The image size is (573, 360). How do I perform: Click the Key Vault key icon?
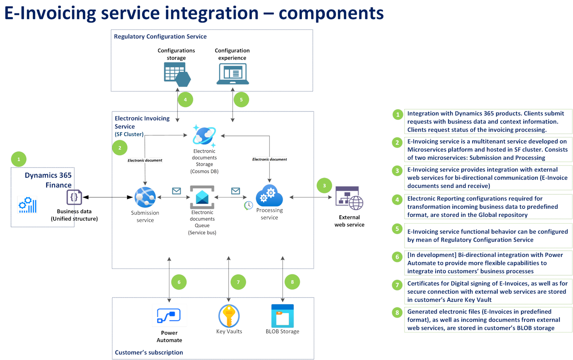(229, 316)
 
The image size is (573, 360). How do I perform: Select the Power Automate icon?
(169, 316)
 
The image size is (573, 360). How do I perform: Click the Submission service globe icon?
(145, 197)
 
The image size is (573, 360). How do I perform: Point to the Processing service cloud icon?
(270, 196)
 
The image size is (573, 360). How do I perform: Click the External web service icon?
(350, 198)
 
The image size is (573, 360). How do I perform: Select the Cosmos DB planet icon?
(204, 136)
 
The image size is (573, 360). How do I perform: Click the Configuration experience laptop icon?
(233, 74)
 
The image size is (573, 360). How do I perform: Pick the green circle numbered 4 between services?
(185, 100)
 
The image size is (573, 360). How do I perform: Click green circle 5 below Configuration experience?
(241, 100)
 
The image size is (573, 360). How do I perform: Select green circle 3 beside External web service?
(324, 186)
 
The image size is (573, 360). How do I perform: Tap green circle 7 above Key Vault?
(238, 282)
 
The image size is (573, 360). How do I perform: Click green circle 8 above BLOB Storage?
(292, 282)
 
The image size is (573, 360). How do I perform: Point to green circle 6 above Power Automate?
(179, 283)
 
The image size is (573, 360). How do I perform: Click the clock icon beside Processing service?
(248, 205)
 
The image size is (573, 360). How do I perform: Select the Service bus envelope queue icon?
(202, 197)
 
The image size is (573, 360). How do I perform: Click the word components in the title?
(331, 13)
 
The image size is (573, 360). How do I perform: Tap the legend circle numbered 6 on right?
(397, 257)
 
